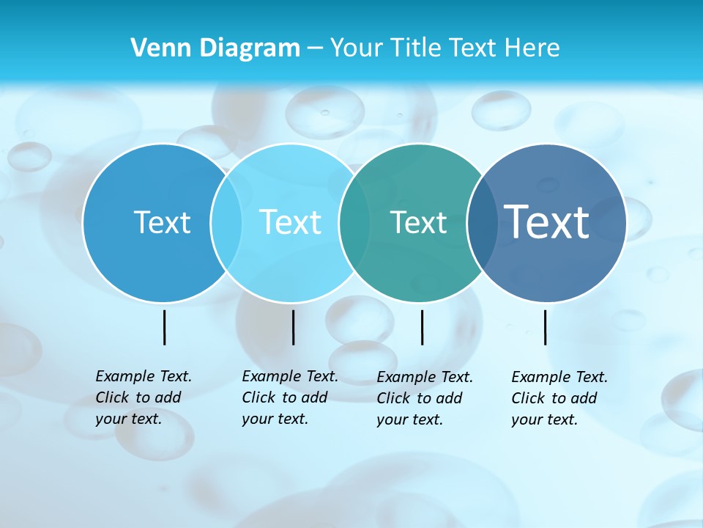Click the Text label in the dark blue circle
(162, 222)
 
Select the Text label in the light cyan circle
(291, 222)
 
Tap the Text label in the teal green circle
(418, 222)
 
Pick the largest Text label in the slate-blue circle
(547, 221)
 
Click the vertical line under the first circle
(164, 327)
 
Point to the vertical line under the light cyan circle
(293, 327)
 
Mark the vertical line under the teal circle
(422, 327)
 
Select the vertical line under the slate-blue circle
(545, 327)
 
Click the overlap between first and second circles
(226, 223)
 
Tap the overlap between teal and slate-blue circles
(483, 223)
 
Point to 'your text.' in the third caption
(409, 419)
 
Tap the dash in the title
(315, 48)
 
